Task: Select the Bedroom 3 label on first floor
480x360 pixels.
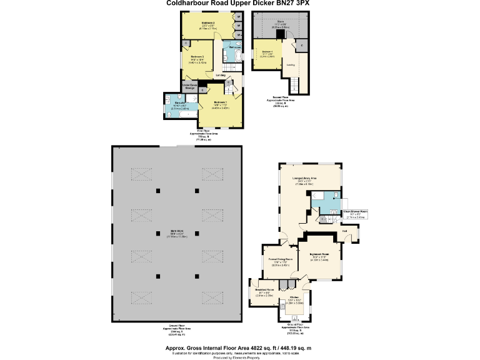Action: pyautogui.click(x=198, y=57)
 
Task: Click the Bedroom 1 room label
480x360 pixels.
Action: pyautogui.click(x=220, y=102)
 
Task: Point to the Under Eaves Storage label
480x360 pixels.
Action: pyautogui.click(x=190, y=86)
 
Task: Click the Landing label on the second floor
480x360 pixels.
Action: pyautogui.click(x=291, y=64)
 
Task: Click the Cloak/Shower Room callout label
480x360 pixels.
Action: pyautogui.click(x=355, y=212)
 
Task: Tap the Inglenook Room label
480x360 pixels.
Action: pyautogui.click(x=324, y=254)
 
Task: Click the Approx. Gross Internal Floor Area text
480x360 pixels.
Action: pyautogui.click(x=238, y=347)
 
